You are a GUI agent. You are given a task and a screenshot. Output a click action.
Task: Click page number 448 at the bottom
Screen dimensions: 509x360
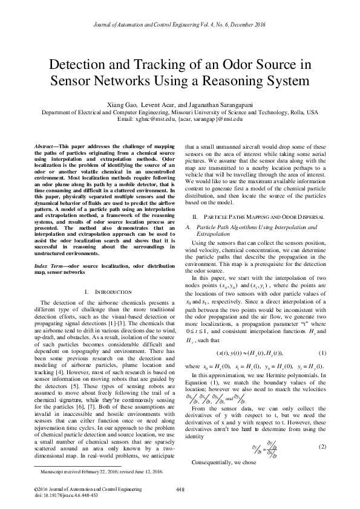click(x=180, y=488)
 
